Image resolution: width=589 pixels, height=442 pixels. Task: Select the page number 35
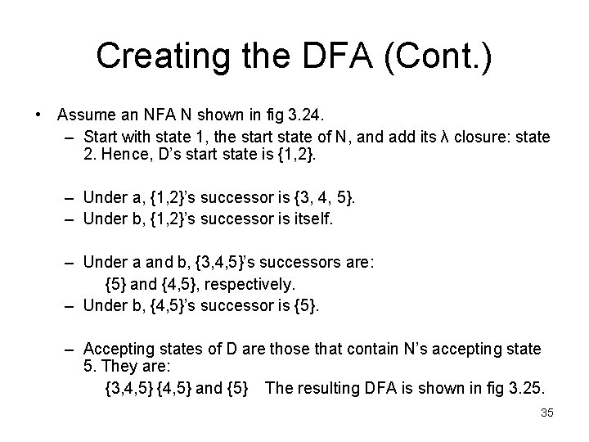pyautogui.click(x=547, y=413)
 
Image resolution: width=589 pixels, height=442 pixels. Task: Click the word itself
pyautogui.click(x=313, y=220)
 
